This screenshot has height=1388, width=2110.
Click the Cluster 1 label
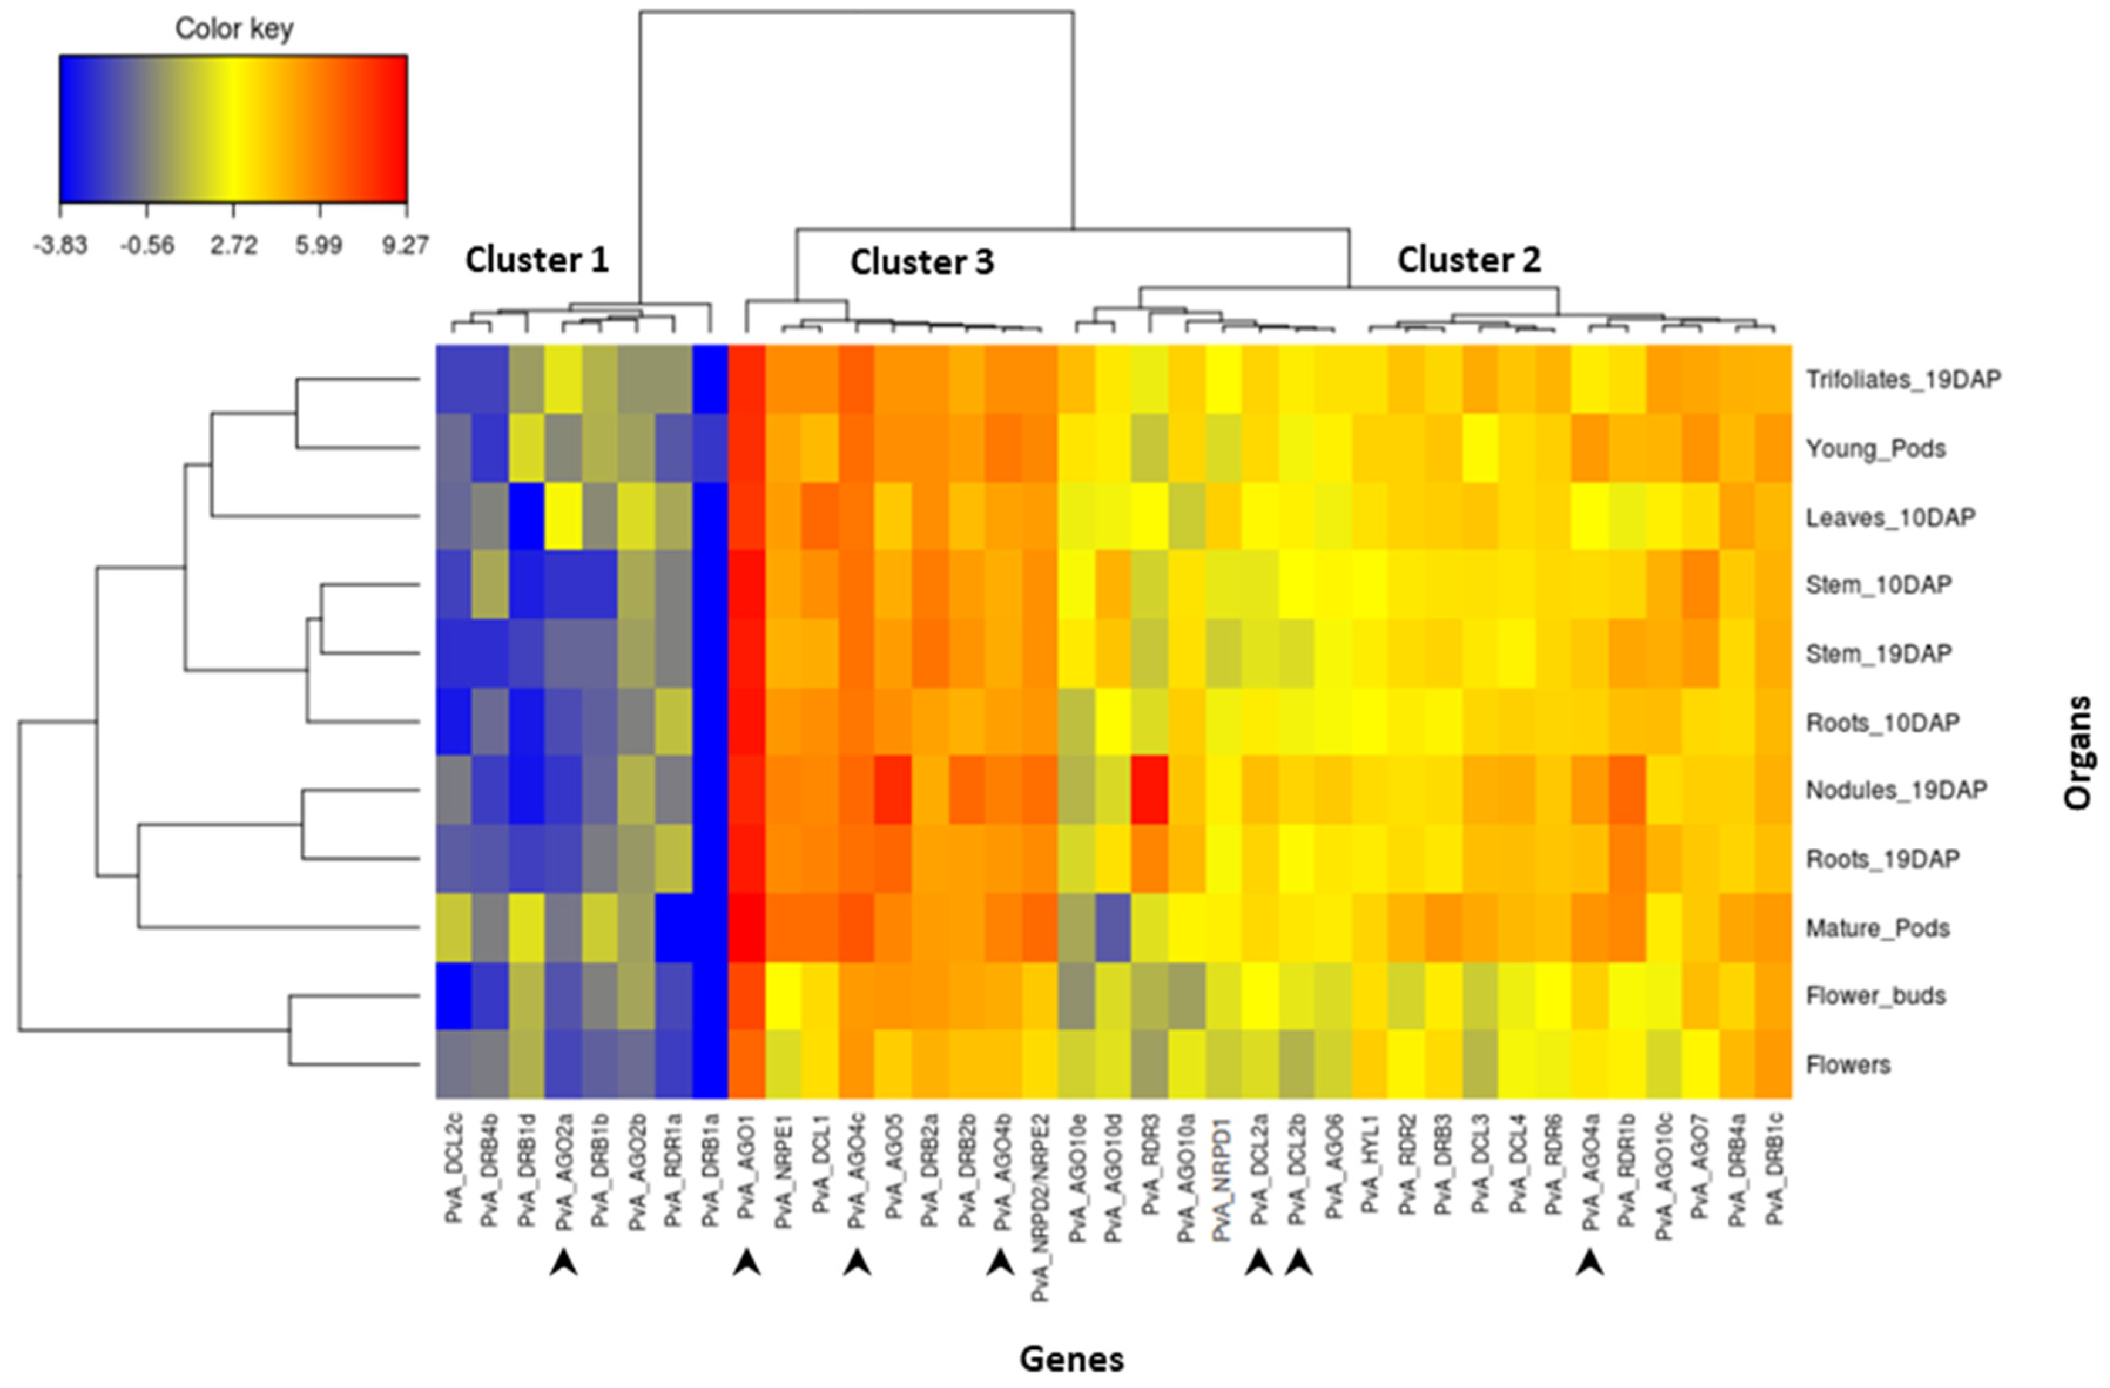[x=537, y=260]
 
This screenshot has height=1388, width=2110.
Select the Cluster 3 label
[x=921, y=262]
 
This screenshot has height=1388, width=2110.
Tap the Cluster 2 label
[x=1468, y=260]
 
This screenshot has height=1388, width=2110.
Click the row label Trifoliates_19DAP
[x=1903, y=380]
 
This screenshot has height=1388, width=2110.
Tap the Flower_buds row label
[x=1875, y=996]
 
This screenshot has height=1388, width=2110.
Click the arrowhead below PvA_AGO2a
[x=563, y=1262]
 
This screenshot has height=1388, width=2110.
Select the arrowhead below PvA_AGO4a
[x=1590, y=1262]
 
